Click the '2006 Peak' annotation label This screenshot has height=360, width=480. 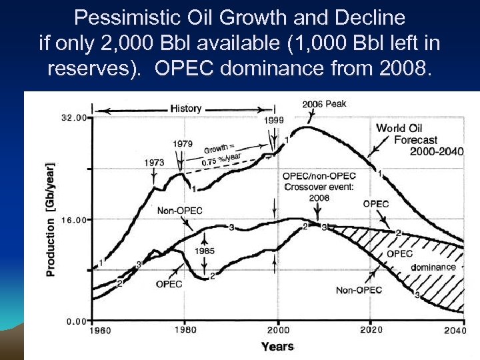coord(324,104)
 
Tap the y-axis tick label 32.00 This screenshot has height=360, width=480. coord(73,118)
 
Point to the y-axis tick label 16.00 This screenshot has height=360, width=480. coord(73,219)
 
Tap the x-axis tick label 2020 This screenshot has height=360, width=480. coord(371,330)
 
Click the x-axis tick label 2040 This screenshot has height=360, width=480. coord(455,331)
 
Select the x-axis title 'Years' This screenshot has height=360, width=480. coord(277,346)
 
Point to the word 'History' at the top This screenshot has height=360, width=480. coord(185,108)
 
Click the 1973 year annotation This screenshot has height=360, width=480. coord(153,162)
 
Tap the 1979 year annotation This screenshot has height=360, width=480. coord(183,143)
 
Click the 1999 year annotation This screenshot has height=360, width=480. coord(273,120)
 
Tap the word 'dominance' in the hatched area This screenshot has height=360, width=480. coord(433,267)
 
